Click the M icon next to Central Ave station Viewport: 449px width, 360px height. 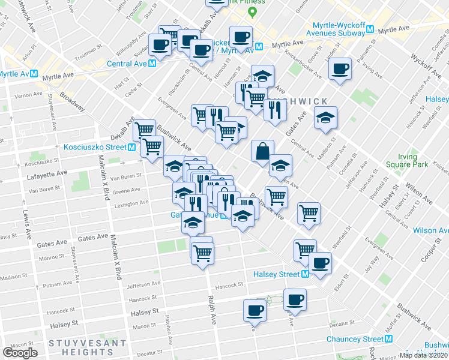point(152,63)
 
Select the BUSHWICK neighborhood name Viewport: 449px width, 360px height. point(304,101)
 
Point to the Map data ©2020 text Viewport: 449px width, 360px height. point(424,356)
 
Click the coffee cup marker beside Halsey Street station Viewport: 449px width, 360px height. point(320,262)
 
